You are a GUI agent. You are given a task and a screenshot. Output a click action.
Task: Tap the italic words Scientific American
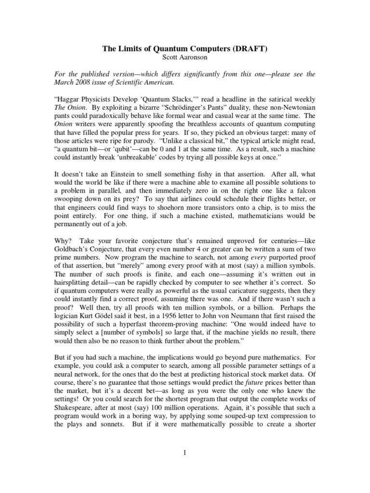pos(150,83)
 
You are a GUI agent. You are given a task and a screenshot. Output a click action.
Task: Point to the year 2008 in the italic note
pos(79,83)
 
